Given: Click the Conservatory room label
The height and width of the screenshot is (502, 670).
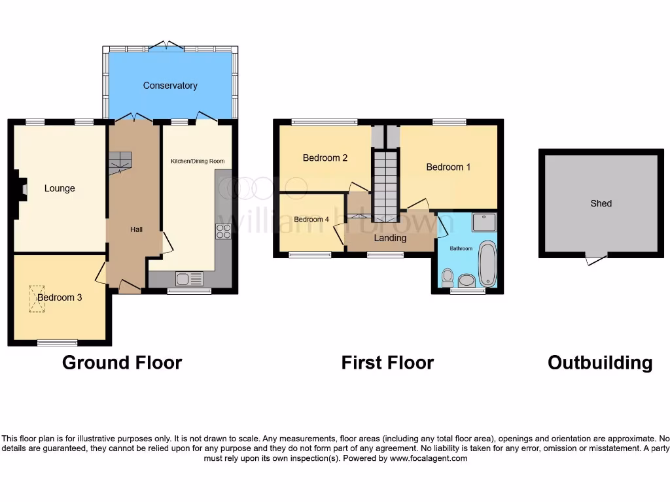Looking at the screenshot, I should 170,86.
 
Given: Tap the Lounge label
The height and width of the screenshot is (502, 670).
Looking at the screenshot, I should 60,188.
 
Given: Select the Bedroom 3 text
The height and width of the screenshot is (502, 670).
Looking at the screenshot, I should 60,297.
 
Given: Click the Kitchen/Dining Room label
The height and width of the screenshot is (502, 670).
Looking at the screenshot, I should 198,161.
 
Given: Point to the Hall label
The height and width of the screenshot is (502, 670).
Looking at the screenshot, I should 136,229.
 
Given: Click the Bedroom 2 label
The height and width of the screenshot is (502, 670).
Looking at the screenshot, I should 325,158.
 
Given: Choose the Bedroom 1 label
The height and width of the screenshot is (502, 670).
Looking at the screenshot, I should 448,167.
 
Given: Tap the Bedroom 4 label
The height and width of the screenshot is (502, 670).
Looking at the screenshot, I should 311,220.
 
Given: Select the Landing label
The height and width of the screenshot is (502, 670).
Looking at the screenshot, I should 390,238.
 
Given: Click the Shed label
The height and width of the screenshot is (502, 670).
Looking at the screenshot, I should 601,203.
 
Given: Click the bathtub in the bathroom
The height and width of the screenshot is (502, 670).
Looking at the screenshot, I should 487,264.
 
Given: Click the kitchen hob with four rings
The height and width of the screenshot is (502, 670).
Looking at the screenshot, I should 223,231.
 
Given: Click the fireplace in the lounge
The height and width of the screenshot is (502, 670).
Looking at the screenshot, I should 22,190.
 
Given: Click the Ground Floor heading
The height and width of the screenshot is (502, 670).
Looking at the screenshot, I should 122,362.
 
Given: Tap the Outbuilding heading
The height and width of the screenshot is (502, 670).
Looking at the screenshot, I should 600,362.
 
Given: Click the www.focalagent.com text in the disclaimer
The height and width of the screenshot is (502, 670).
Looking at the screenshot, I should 429,458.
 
